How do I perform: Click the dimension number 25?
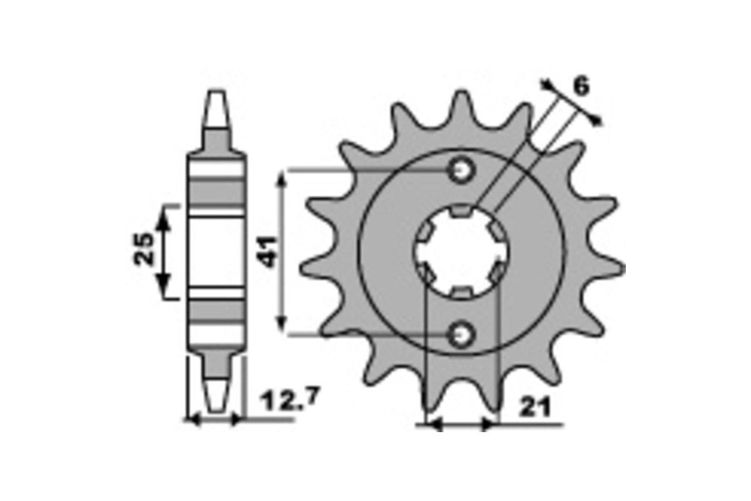click(x=143, y=249)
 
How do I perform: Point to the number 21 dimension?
click(x=534, y=408)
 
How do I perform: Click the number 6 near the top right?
click(x=581, y=86)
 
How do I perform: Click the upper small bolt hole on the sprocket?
click(x=462, y=171)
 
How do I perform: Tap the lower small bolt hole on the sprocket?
click(x=462, y=334)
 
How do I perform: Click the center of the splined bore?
click(x=462, y=252)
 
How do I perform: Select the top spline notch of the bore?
click(x=462, y=210)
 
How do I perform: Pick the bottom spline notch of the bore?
click(x=462, y=293)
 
